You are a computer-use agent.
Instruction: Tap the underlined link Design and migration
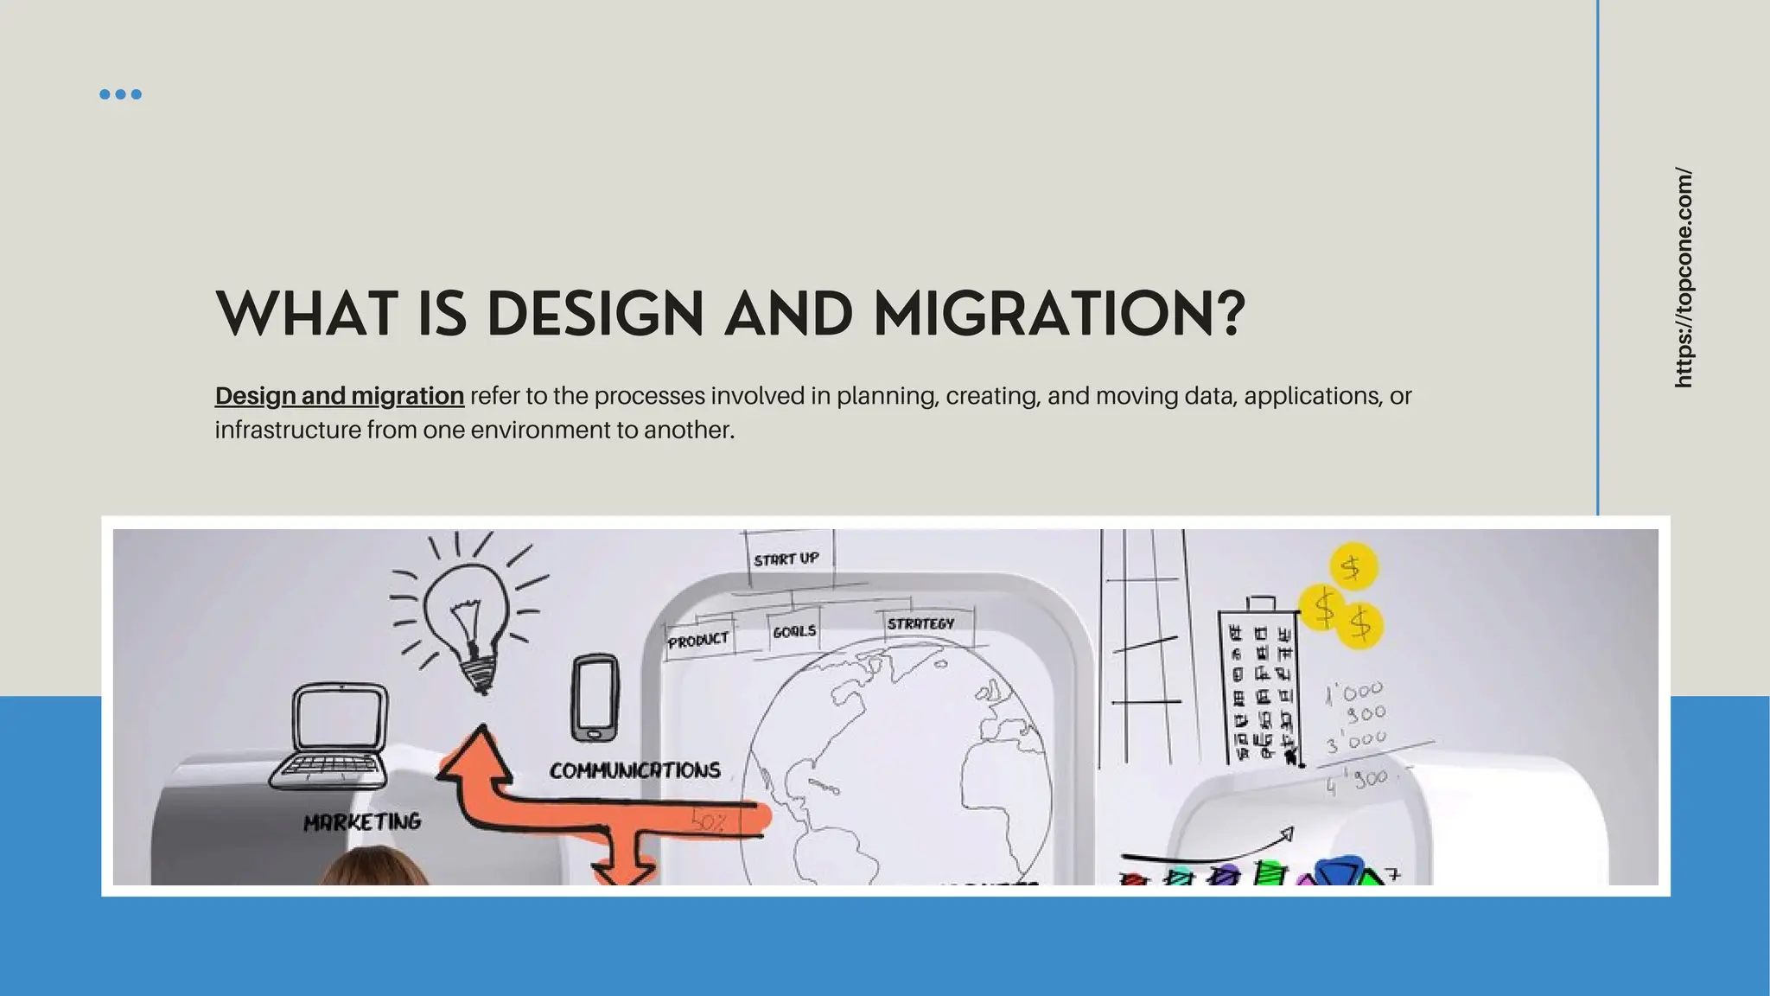click(x=339, y=396)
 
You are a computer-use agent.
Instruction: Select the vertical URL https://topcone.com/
click(x=1683, y=277)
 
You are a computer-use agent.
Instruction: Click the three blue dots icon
click(x=120, y=94)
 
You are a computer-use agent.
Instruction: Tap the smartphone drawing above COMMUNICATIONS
click(x=595, y=697)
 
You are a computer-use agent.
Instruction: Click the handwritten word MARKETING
click(x=362, y=821)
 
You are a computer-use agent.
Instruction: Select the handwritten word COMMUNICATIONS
click(x=634, y=770)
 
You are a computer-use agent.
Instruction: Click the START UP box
click(x=786, y=559)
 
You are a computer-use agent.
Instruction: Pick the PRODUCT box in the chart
click(x=698, y=641)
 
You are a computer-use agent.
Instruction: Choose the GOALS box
click(x=794, y=631)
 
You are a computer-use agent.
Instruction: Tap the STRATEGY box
click(x=920, y=623)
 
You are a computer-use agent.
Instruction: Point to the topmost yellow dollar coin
click(x=1352, y=567)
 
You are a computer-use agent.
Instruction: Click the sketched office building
click(x=1260, y=683)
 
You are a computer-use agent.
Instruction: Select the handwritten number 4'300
click(x=1357, y=781)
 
